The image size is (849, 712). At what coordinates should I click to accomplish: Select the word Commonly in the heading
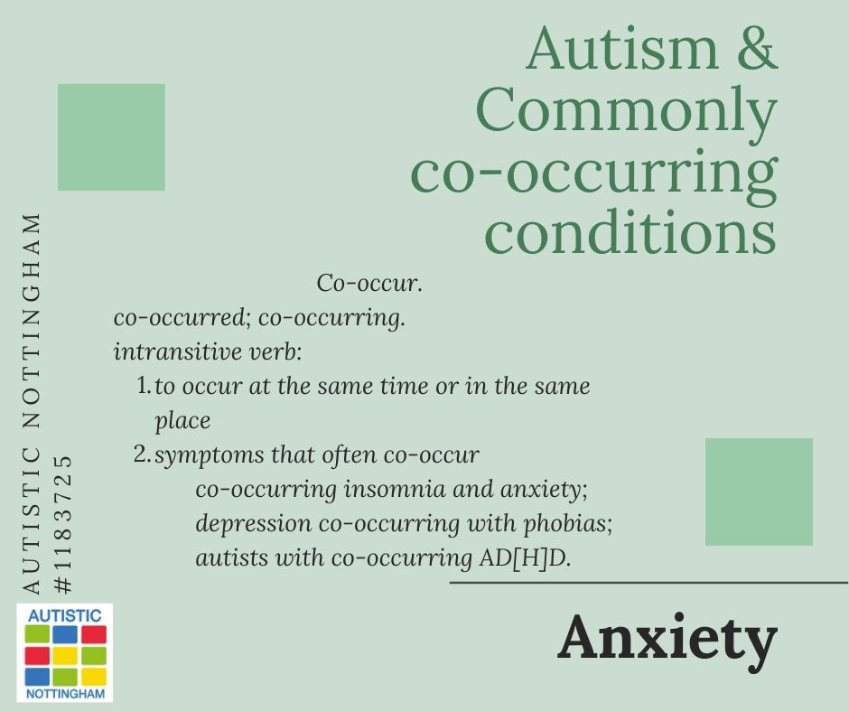coord(627,110)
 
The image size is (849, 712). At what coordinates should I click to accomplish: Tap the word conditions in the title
coord(630,231)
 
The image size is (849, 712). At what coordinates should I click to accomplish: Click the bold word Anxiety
coord(667,637)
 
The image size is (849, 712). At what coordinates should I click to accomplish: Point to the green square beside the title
coord(111,137)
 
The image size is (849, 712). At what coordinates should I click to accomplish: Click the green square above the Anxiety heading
coord(759,492)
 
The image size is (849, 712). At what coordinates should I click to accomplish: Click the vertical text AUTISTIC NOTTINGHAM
coord(32,404)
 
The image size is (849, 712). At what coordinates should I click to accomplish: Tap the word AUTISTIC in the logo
coord(64,615)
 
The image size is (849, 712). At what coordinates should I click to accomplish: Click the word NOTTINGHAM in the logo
coord(66,694)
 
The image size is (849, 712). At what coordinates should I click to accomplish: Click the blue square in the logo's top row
coord(66,634)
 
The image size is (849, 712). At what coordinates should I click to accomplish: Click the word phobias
coord(567,524)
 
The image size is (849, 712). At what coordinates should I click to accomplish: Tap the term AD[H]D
coord(525,558)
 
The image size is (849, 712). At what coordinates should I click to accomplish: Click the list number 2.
coord(141,454)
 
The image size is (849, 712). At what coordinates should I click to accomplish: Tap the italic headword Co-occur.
coord(369,283)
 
